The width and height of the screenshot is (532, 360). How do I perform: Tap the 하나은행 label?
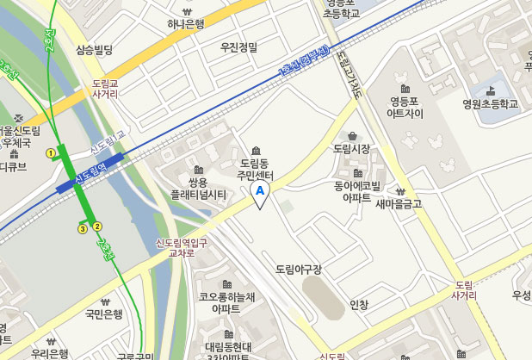pyautogui.click(x=186, y=24)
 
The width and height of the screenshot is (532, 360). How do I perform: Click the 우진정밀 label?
pyautogui.click(x=239, y=46)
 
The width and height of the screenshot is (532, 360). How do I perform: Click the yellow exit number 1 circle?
pyautogui.click(x=51, y=153)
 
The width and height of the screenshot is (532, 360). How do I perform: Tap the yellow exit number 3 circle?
pyautogui.click(x=83, y=228)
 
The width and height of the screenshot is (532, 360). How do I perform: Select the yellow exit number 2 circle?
pyautogui.click(x=97, y=227)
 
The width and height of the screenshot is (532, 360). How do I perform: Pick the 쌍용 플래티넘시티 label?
pyautogui.click(x=197, y=189)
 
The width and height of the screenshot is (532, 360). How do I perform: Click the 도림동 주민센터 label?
pyautogui.click(x=256, y=168)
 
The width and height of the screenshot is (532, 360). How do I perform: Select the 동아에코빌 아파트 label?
pyautogui.click(x=357, y=190)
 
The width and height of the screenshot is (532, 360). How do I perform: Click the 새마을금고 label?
pyautogui.click(x=399, y=204)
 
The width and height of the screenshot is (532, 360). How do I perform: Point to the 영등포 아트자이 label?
pyautogui.click(x=405, y=106)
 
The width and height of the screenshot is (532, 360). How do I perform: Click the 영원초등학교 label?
pyautogui.click(x=490, y=103)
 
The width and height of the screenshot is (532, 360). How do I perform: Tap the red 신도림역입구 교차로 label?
pyautogui.click(x=181, y=248)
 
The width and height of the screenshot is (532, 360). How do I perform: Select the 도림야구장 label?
pyautogui.click(x=299, y=270)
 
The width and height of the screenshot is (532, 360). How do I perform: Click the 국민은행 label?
pyautogui.click(x=104, y=314)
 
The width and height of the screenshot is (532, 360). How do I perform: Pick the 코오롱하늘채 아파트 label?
pyautogui.click(x=226, y=301)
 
